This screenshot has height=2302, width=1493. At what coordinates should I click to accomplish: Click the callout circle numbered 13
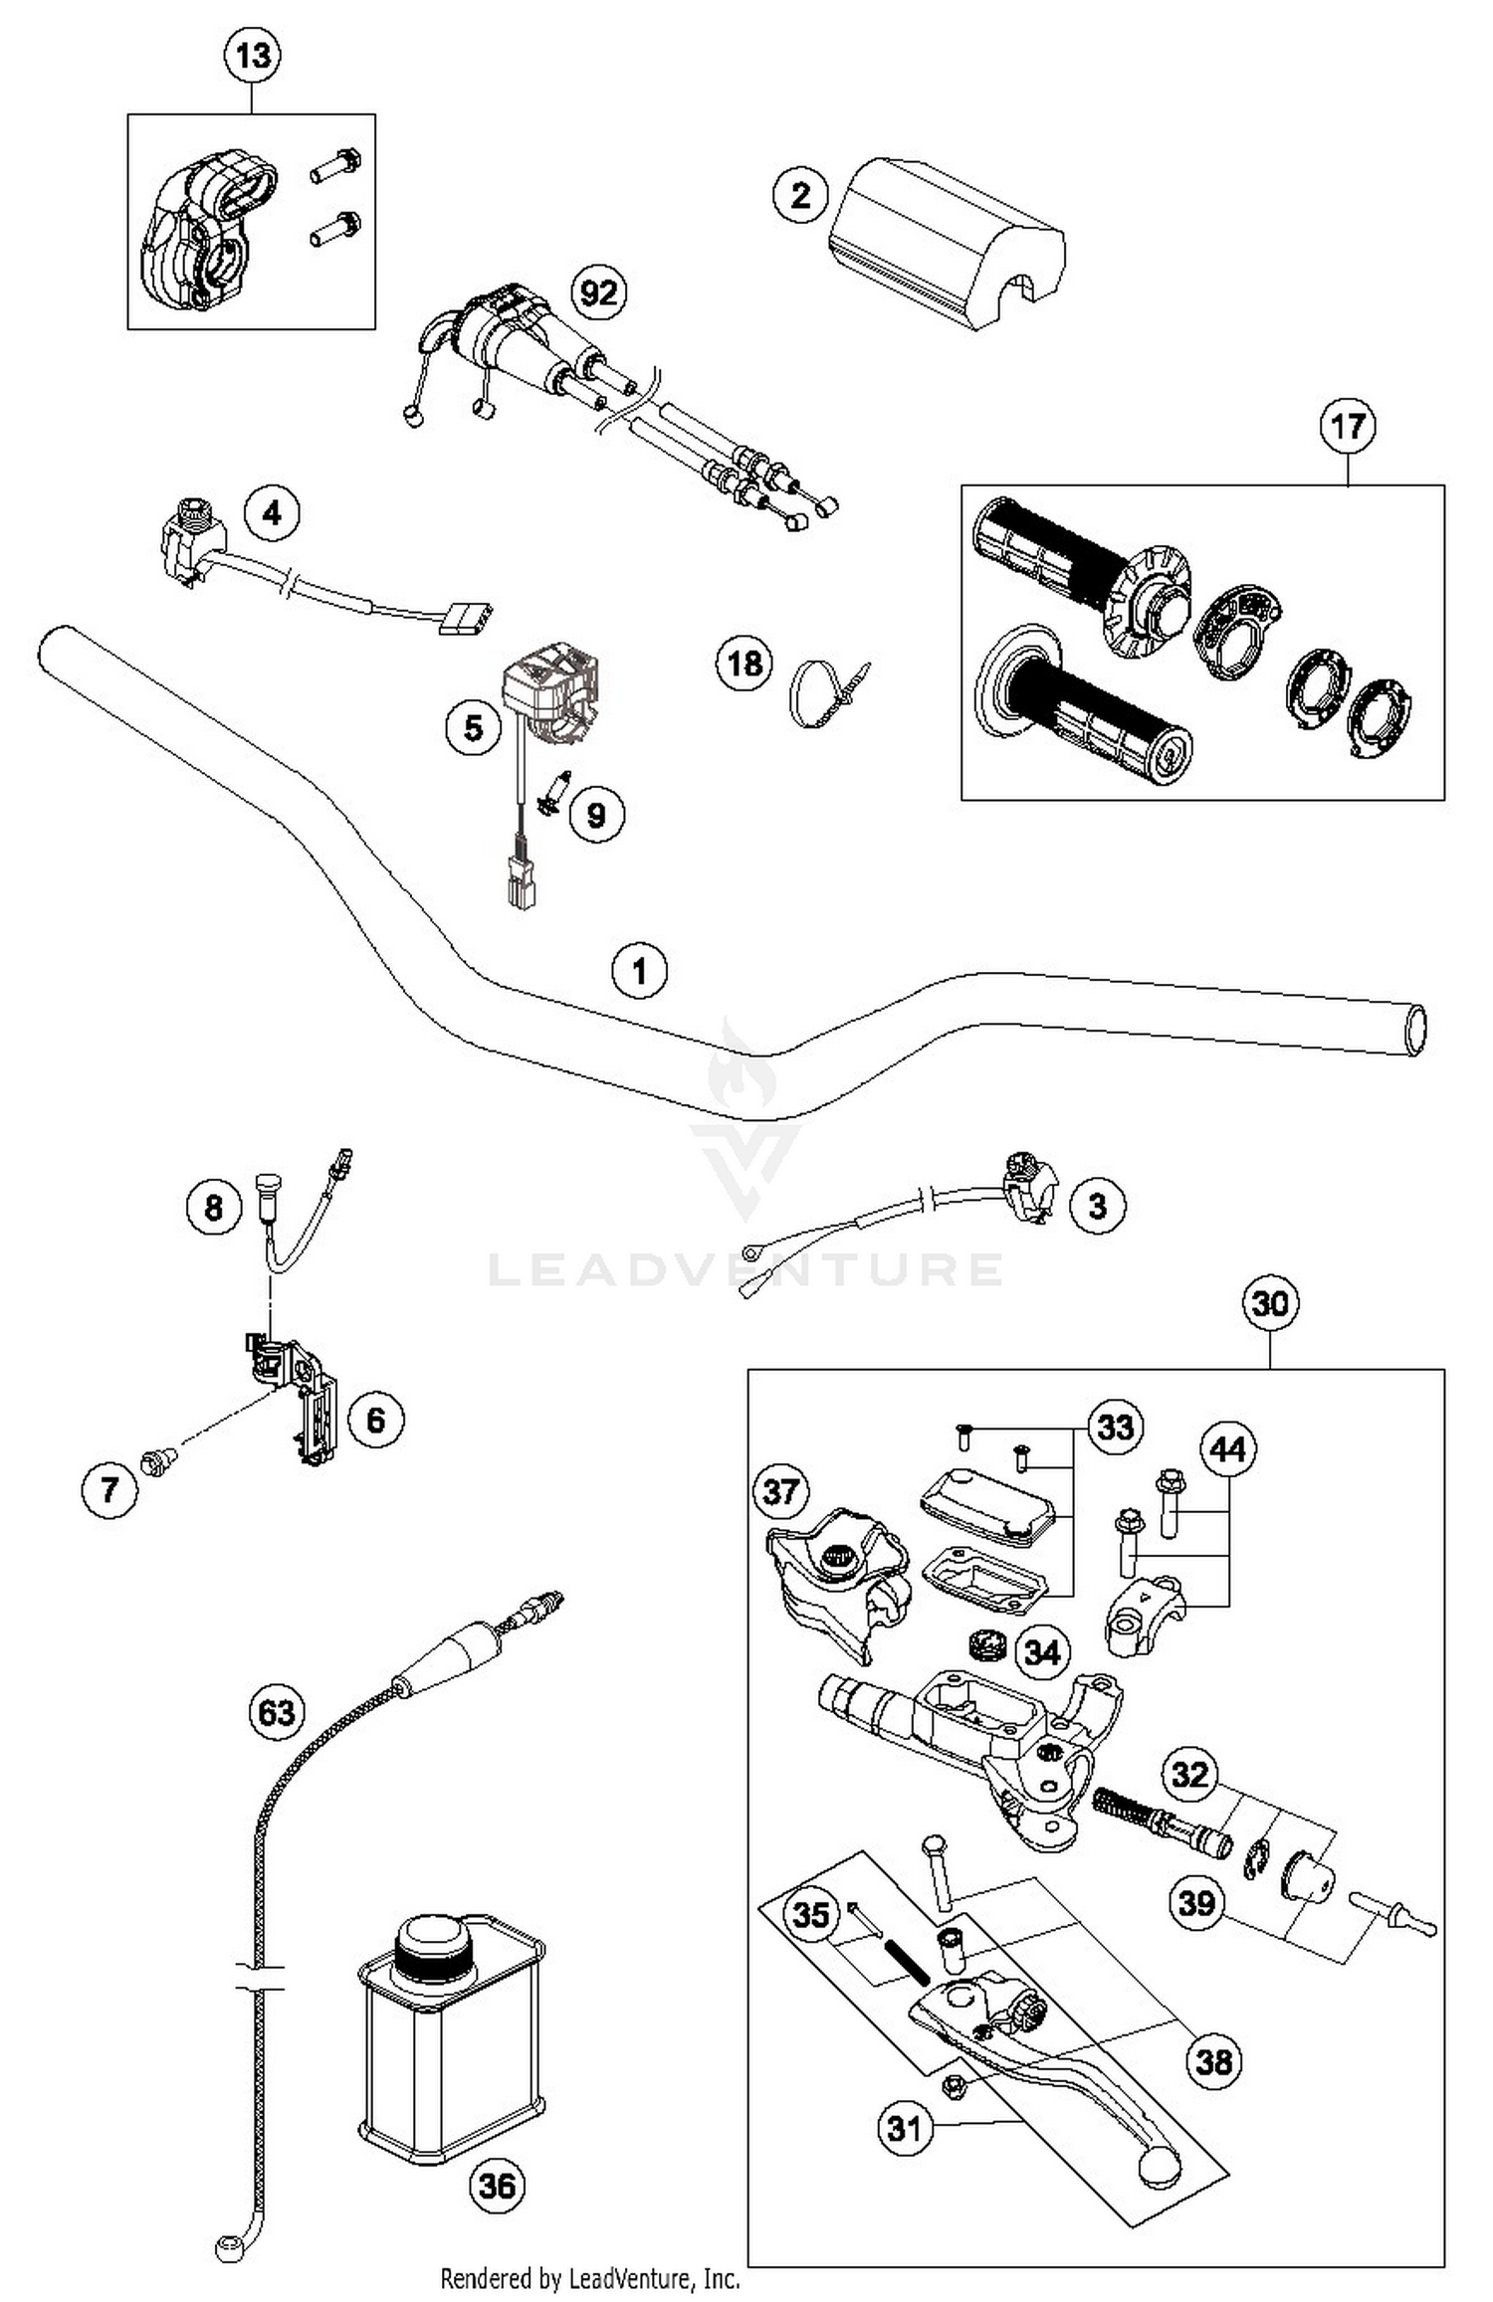pyautogui.click(x=252, y=55)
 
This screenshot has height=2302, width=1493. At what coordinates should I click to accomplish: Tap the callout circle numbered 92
pyautogui.click(x=598, y=292)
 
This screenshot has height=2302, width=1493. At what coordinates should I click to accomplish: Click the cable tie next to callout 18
pyautogui.click(x=825, y=690)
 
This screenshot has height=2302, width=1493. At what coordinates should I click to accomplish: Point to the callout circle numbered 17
pyautogui.click(x=1347, y=427)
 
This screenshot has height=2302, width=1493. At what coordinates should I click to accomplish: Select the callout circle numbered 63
pyautogui.click(x=277, y=1712)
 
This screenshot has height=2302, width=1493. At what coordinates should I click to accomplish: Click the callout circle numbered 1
pyautogui.click(x=639, y=970)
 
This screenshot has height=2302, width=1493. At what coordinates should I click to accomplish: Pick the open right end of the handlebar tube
pyautogui.click(x=1414, y=1030)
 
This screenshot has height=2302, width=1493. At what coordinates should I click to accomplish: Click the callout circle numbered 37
pyautogui.click(x=781, y=1491)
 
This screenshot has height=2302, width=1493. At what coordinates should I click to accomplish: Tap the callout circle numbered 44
pyautogui.click(x=1227, y=1449)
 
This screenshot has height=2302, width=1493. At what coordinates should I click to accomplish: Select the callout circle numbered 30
pyautogui.click(x=1270, y=1303)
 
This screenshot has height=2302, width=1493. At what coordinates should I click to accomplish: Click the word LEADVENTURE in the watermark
pyautogui.click(x=745, y=1269)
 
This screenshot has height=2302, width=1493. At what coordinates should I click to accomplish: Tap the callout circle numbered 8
pyautogui.click(x=214, y=1208)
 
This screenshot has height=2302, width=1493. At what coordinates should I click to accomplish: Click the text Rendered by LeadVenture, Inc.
pyautogui.click(x=589, y=2278)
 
